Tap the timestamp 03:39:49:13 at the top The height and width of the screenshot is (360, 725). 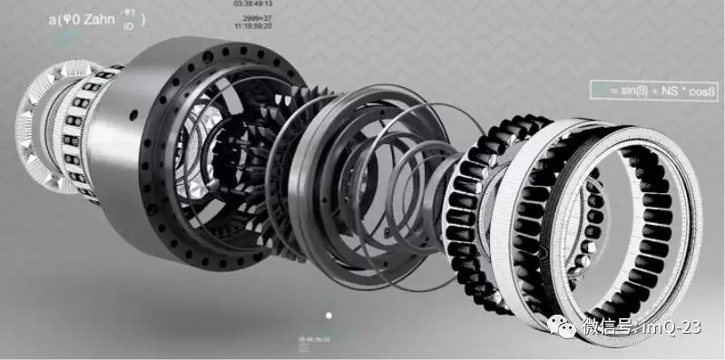point(255,5)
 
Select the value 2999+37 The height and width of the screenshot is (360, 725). point(256,17)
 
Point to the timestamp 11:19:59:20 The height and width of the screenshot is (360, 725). point(255,26)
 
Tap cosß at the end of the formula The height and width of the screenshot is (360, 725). point(696,91)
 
